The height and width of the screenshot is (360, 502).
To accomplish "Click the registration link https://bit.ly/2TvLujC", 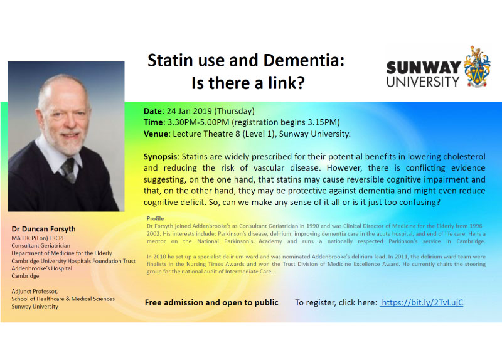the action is [x=422, y=302].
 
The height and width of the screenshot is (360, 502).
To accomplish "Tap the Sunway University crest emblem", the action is [x=477, y=66].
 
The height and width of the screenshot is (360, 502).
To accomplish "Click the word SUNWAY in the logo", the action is [x=423, y=68].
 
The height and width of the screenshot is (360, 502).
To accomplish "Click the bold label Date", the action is [x=152, y=111].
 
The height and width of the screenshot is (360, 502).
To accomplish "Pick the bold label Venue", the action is [x=156, y=134].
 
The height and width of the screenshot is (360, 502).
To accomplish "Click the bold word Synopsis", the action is [x=160, y=157].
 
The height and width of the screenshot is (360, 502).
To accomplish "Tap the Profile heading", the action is [x=155, y=218].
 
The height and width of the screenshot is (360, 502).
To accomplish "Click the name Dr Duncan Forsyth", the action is [x=43, y=229].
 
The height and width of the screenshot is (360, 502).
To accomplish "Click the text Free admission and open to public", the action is [x=211, y=302].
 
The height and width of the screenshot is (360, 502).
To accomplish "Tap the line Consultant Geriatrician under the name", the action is [x=41, y=246].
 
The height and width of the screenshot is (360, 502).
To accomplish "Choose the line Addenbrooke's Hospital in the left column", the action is [x=41, y=268].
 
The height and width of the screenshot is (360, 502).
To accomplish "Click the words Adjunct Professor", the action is [x=35, y=291].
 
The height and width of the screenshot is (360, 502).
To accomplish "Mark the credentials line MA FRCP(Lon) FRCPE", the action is [x=38, y=238].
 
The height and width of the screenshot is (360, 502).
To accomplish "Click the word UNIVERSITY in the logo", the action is [x=422, y=82].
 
